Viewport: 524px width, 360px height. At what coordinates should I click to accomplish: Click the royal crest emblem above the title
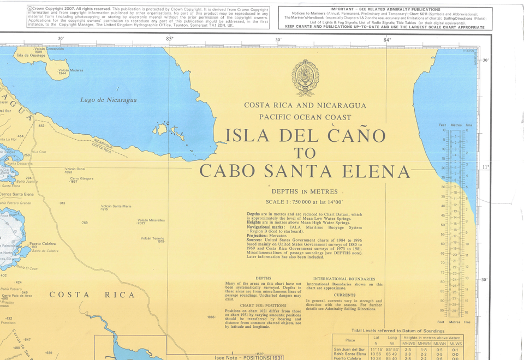pyautogui.click(x=305, y=78)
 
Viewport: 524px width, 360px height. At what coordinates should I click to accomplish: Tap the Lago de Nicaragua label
pyautogui.click(x=109, y=100)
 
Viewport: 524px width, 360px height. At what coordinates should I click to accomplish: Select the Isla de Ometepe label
pyautogui.click(x=31, y=55)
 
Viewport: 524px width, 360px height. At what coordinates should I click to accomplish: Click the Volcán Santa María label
pyautogui.click(x=115, y=207)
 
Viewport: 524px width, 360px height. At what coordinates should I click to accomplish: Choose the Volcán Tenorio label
pyautogui.click(x=152, y=238)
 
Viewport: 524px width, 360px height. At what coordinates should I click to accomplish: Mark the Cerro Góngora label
pyautogui.click(x=81, y=179)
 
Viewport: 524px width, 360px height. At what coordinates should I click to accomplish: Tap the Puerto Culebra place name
pyautogui.click(x=43, y=243)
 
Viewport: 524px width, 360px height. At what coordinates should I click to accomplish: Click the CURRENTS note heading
pyautogui.click(x=344, y=295)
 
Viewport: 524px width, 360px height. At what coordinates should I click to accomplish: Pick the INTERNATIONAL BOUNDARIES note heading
pyautogui.click(x=344, y=279)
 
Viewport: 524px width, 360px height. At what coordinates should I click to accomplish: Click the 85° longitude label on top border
pyautogui.click(x=169, y=39)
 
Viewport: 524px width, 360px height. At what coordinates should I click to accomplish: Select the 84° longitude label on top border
pyautogui.click(x=387, y=39)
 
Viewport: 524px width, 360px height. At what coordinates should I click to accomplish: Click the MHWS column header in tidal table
pyautogui.click(x=409, y=344)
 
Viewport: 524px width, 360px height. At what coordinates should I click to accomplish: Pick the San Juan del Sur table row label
pyautogui.click(x=349, y=350)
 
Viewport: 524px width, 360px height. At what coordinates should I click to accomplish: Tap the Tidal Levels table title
pyautogui.click(x=398, y=331)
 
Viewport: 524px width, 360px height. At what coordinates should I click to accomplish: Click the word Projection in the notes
pyautogui.click(x=259, y=235)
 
